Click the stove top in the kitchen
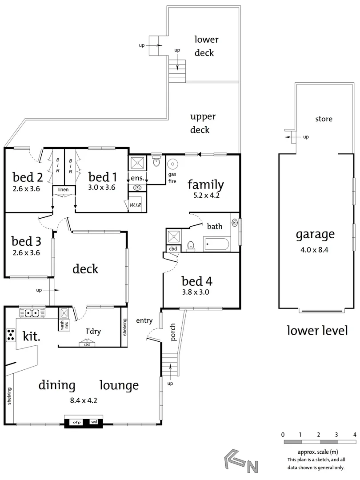click(11, 335)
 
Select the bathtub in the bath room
click(216, 244)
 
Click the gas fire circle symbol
click(172, 164)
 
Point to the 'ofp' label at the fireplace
click(77, 422)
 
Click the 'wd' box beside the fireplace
click(95, 422)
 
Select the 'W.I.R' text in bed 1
click(136, 205)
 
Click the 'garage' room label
click(315, 234)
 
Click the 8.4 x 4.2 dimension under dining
click(84, 400)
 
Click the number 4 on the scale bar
click(354, 434)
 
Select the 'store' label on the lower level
click(324, 119)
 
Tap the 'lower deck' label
click(206, 46)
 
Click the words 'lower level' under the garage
click(317, 331)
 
